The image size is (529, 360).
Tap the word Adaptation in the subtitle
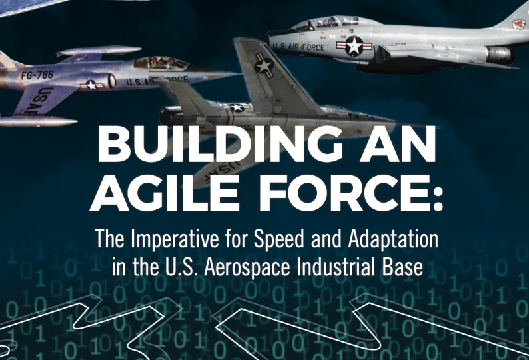tap(393, 240)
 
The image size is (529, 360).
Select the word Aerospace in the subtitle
tap(247, 267)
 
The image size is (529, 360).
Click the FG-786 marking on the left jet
tap(37, 74)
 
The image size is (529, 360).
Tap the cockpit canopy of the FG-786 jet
tap(161, 63)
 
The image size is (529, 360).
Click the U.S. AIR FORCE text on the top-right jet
tap(298, 46)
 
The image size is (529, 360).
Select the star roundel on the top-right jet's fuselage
tap(354, 46)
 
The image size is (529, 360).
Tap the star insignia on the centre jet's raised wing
tap(264, 65)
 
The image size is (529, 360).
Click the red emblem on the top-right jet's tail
tap(518, 24)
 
